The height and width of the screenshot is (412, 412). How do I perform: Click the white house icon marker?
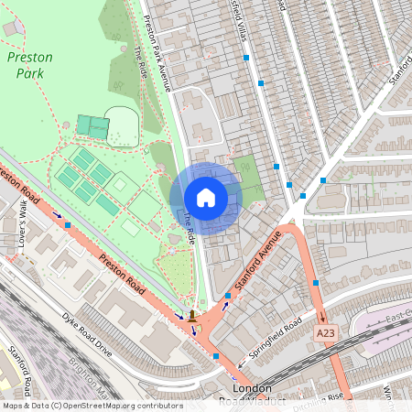tap(206, 198)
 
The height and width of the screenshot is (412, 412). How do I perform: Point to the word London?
tap(253, 388)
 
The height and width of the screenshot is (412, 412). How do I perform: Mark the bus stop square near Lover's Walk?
tap(67, 224)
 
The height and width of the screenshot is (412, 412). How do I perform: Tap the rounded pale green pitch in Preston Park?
tap(121, 125)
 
